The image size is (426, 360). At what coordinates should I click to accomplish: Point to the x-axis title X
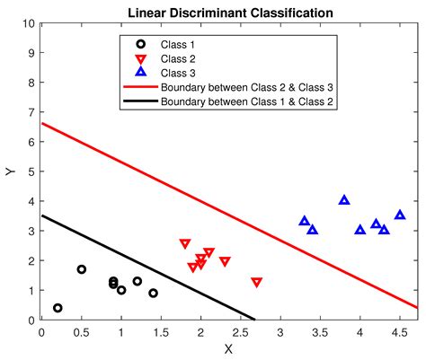click(228, 348)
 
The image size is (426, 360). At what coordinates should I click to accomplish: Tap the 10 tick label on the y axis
click(29, 24)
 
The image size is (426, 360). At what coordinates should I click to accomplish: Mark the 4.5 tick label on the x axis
click(399, 331)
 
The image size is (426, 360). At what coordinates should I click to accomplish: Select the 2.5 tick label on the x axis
click(240, 331)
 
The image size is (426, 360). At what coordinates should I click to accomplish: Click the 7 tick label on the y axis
click(31, 113)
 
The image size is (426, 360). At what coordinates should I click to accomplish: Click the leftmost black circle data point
click(58, 308)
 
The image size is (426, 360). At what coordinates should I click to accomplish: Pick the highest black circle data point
click(82, 269)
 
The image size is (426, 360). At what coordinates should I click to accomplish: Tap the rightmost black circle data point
click(153, 293)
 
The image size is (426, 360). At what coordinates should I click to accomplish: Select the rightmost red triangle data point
click(257, 282)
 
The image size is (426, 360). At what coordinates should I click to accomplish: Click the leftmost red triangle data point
click(185, 244)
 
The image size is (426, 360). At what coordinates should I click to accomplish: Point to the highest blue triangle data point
click(344, 200)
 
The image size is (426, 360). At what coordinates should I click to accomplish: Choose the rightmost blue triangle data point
click(400, 215)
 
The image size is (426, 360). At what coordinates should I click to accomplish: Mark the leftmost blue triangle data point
click(305, 221)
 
